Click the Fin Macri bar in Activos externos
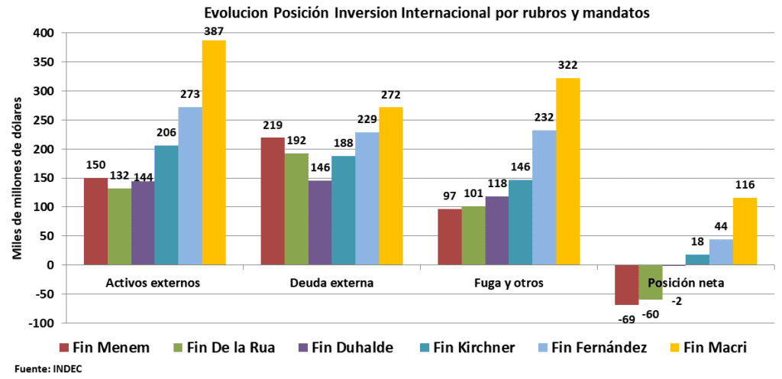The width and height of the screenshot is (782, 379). (x=214, y=153)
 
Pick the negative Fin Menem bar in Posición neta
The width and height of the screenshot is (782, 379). (x=626, y=284)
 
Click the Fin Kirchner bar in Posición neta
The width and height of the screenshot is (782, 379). (x=697, y=260)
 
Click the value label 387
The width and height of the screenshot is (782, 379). (x=214, y=31)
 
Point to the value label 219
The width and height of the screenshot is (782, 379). (x=273, y=128)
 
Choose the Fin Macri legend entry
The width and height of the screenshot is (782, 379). (x=707, y=348)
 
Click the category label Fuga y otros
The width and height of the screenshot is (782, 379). (x=508, y=283)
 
